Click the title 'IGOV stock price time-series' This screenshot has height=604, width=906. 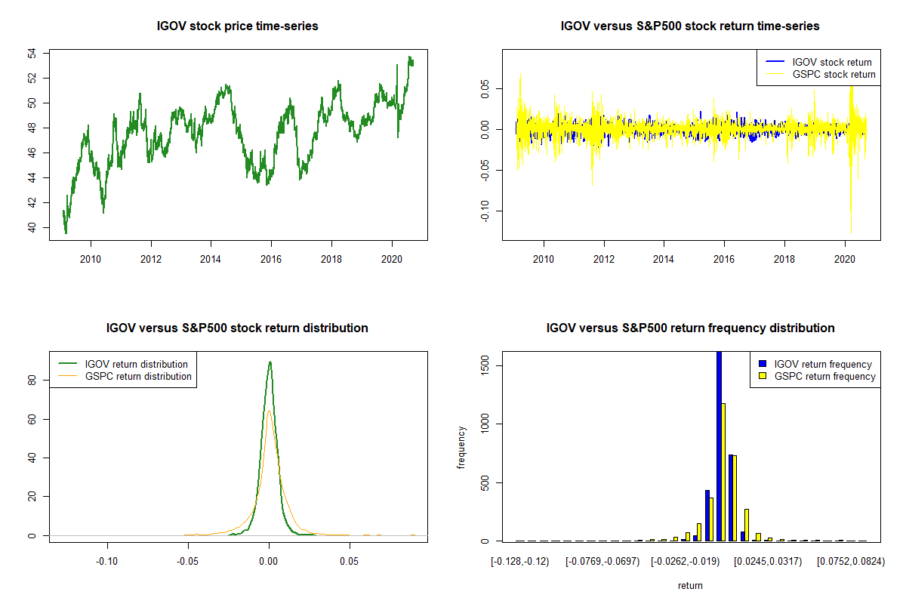point(237,26)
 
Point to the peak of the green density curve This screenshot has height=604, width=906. point(270,362)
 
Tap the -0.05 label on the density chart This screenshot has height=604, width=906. point(188,562)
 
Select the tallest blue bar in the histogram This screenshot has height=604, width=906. point(719,445)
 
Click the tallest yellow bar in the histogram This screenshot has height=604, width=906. point(723,472)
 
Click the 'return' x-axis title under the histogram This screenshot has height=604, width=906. point(690,585)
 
